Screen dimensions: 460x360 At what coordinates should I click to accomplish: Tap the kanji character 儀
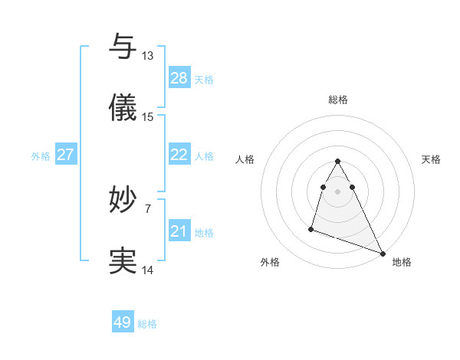(x=123, y=109)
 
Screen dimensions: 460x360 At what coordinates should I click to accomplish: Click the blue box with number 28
(x=179, y=77)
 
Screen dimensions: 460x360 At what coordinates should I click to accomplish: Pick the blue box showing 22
(x=179, y=155)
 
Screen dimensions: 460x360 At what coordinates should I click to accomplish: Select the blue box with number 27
(x=65, y=155)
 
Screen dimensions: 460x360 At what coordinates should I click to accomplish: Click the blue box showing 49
(x=123, y=322)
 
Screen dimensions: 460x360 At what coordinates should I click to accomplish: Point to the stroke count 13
(x=147, y=56)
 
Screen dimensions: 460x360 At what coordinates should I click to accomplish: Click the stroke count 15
(x=148, y=117)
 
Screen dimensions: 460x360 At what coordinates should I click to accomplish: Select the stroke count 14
(x=148, y=270)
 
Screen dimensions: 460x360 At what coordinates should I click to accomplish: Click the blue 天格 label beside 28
(x=204, y=79)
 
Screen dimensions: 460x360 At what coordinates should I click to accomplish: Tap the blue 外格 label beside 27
(x=41, y=156)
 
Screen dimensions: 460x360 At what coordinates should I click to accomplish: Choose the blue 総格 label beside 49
(x=147, y=324)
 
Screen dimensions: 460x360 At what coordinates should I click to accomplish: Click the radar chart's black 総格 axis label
(x=338, y=100)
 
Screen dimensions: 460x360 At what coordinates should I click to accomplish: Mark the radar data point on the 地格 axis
(x=382, y=254)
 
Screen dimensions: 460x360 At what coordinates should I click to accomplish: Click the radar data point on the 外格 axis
(x=311, y=228)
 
